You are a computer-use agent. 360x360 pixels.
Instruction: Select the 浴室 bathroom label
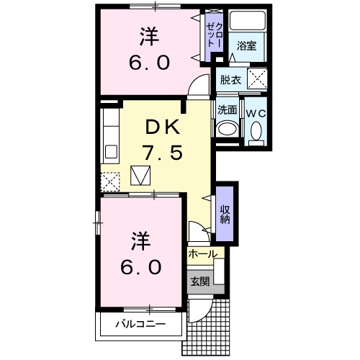[x=248, y=45]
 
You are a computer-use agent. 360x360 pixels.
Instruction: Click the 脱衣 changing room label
[x=230, y=80]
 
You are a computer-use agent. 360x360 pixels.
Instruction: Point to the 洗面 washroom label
[x=228, y=110]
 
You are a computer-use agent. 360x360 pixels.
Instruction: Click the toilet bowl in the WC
[x=256, y=130]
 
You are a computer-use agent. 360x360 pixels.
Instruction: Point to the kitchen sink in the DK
[x=111, y=152]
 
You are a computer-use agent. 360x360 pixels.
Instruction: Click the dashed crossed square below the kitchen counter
[x=110, y=183]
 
